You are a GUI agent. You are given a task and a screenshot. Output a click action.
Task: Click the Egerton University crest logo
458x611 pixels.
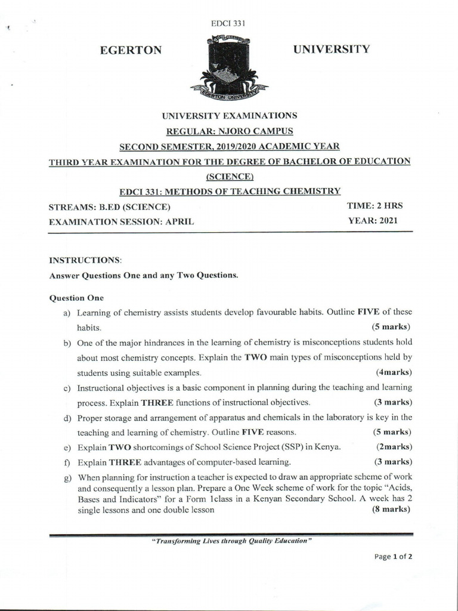229,67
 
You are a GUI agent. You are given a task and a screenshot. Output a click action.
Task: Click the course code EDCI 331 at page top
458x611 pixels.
229,23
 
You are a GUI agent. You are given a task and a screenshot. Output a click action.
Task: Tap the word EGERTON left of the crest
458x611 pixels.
131,51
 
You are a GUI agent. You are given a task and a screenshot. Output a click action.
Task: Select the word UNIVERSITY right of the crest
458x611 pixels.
332,48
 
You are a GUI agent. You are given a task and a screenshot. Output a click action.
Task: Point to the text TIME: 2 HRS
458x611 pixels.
375,206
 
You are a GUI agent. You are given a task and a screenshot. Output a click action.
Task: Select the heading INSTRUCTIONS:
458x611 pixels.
85,261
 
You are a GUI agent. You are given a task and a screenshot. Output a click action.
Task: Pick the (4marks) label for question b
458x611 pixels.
394,372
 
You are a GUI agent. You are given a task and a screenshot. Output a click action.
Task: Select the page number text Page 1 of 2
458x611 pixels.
393,556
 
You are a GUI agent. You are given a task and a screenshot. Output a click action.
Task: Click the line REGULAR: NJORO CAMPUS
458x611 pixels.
230,130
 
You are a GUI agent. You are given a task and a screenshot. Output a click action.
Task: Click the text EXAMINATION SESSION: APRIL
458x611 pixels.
120,222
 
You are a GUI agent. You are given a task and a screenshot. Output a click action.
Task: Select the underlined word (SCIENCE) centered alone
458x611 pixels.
230,176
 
